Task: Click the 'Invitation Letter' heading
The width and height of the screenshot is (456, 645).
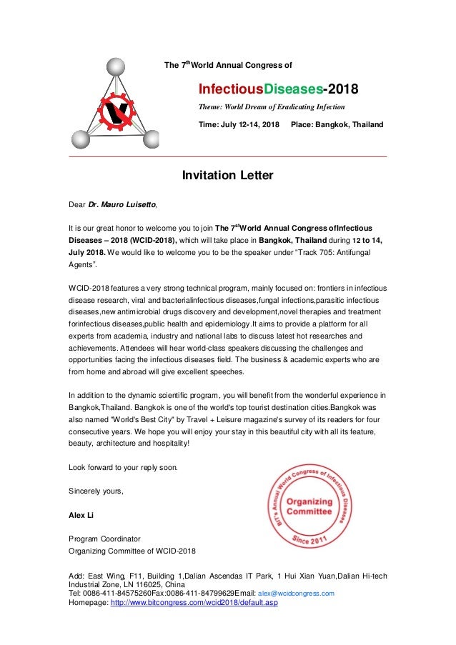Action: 227,175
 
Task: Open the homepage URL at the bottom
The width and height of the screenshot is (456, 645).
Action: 194,602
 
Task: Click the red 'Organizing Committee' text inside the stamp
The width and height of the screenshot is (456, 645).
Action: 309,506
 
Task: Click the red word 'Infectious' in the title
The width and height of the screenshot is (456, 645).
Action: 231,91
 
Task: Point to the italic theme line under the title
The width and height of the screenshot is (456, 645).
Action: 271,107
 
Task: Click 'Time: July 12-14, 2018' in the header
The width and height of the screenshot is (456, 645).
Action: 239,125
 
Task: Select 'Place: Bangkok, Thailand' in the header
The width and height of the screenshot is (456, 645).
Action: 337,125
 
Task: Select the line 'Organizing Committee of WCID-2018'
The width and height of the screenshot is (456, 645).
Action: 131,550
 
